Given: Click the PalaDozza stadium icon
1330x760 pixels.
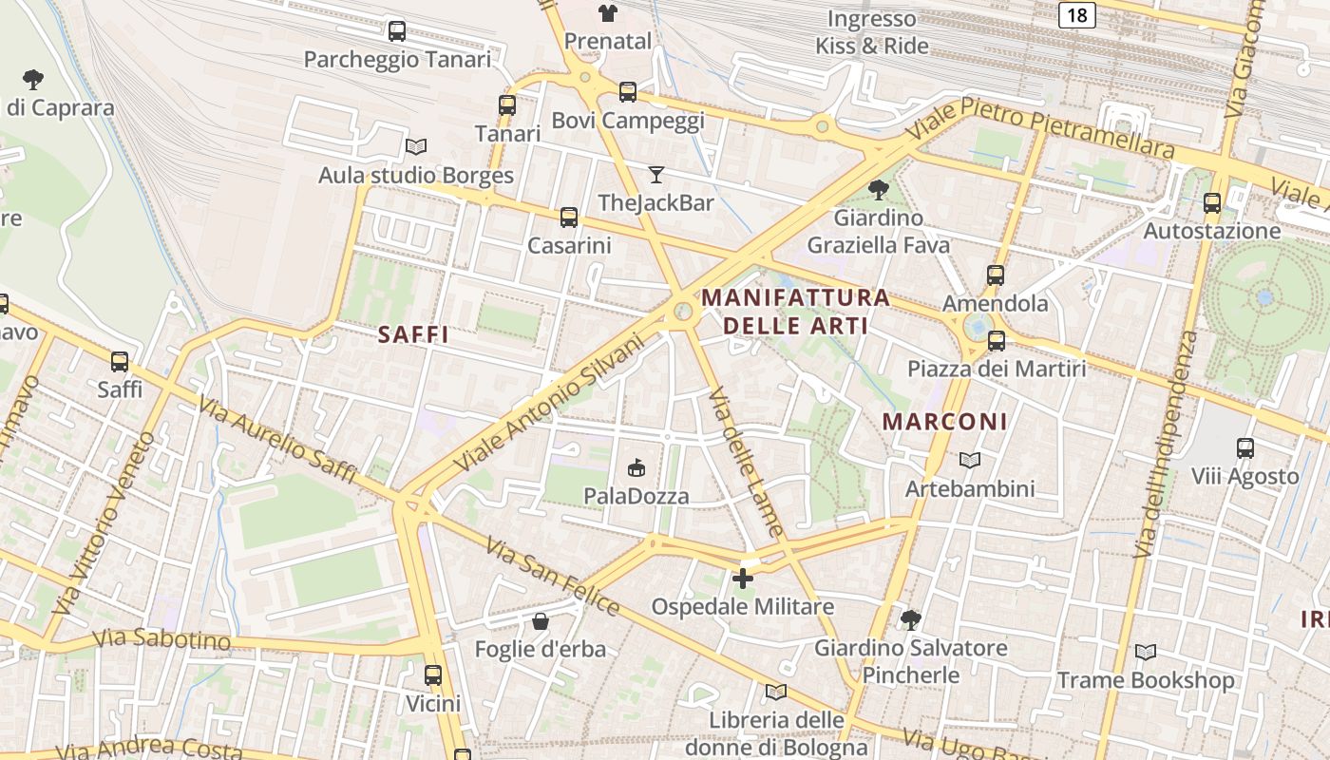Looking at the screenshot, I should coord(636,467).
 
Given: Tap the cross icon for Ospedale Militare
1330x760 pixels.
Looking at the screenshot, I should coord(743,578).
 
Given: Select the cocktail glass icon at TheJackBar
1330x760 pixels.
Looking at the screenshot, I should coord(655,174).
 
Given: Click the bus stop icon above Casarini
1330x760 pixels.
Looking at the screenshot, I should coord(568,218).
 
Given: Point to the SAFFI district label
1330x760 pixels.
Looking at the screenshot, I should coord(413,334).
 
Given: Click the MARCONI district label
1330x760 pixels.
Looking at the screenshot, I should coord(944,422).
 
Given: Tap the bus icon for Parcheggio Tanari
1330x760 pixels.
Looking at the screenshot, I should coord(397,31).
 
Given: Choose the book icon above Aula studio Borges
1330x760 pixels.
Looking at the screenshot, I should coord(415,146).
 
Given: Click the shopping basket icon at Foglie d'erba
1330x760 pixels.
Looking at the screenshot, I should coord(540,621).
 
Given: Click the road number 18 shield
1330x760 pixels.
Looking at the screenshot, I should coord(1076,14).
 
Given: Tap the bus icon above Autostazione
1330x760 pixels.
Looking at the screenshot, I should coord(1211,202).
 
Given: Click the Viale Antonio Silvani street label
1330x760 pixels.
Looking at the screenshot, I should coord(549,403).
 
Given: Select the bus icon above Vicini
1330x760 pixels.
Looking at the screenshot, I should coord(433,675).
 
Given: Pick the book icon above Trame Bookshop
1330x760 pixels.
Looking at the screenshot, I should coord(1146,652).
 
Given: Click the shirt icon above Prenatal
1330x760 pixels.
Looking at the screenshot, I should coord(607,13).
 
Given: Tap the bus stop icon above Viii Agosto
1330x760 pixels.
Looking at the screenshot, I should coord(1244,447).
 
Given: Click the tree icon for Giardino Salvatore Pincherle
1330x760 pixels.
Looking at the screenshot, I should coord(910,620).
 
